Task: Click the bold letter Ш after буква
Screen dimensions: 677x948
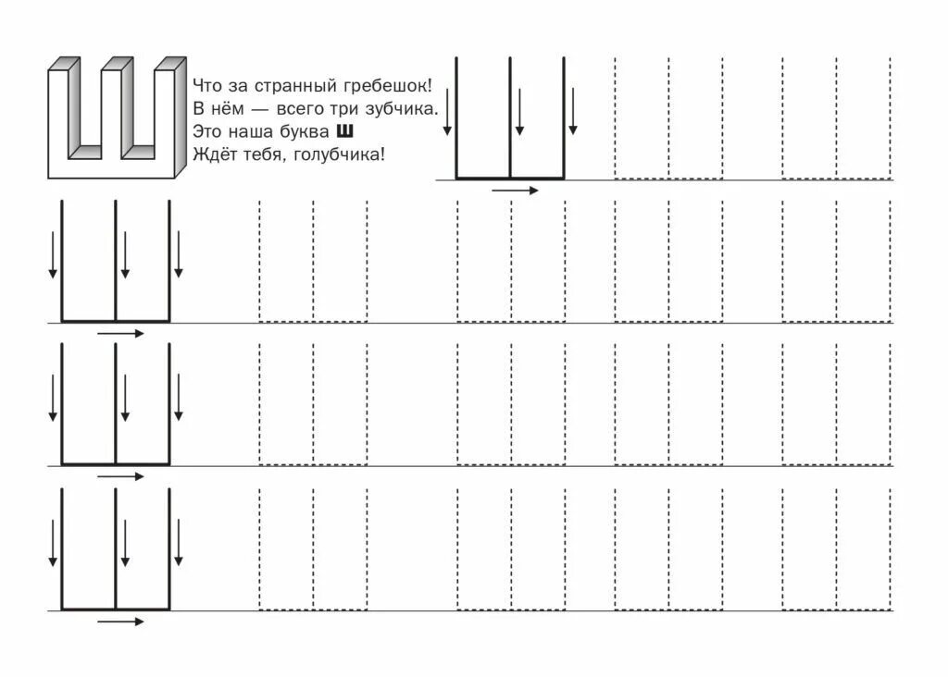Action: [x=348, y=131]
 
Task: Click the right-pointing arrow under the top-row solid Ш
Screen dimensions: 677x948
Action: [x=515, y=191]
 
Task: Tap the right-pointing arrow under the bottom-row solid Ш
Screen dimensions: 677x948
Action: [x=121, y=622]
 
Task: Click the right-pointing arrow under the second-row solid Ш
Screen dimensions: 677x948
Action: [x=121, y=333]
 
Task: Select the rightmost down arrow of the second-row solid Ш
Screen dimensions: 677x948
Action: [x=179, y=254]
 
